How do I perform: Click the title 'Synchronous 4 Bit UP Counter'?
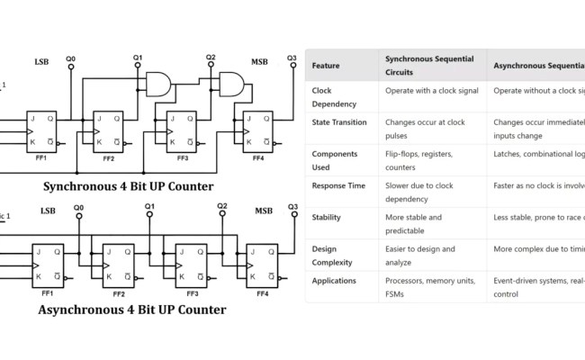point(129,186)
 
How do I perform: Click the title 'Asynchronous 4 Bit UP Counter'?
point(131,310)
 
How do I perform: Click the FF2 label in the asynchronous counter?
point(119,293)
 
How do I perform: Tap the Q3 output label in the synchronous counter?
point(292,59)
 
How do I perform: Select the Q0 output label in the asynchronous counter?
point(78,208)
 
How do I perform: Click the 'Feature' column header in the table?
point(325,65)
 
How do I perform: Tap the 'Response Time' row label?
point(338,184)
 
